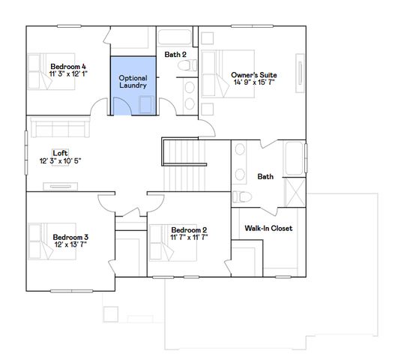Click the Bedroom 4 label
click(69, 66)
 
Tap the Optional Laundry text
click(133, 82)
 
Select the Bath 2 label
click(175, 54)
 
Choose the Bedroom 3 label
click(70, 237)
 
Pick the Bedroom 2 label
click(189, 229)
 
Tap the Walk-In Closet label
click(268, 228)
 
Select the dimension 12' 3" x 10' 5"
click(60, 160)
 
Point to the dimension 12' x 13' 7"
click(70, 245)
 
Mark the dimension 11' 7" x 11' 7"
click(189, 237)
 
